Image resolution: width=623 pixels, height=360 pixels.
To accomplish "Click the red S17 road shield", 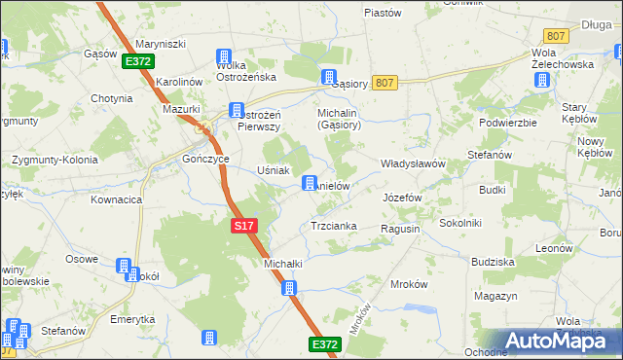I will (245, 226).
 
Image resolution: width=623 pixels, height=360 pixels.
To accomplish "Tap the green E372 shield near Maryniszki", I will (137, 61).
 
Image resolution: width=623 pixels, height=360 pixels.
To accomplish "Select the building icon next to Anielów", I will (310, 182).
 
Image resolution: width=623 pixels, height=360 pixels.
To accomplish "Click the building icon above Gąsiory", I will (329, 76).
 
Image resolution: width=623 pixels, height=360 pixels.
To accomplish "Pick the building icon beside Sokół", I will (125, 267).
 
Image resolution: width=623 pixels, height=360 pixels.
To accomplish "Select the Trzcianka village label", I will (333, 226).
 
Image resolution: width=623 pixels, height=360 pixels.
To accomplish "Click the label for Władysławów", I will (412, 163).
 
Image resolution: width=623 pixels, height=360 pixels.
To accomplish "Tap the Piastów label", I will (383, 13).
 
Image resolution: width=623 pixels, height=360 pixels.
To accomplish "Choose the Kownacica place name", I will (116, 199).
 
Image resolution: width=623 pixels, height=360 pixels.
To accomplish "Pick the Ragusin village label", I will (400, 228).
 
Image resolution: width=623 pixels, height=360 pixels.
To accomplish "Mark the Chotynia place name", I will (111, 98).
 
